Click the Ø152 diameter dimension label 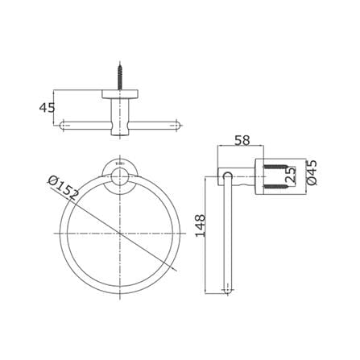click(64, 188)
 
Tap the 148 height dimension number click(201, 226)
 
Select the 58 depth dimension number click(242, 140)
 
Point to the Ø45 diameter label click(312, 172)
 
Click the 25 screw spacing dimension click(292, 176)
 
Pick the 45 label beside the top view click(47, 108)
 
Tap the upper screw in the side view click(276, 167)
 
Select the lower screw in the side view click(276, 186)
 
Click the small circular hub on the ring click(120, 177)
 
